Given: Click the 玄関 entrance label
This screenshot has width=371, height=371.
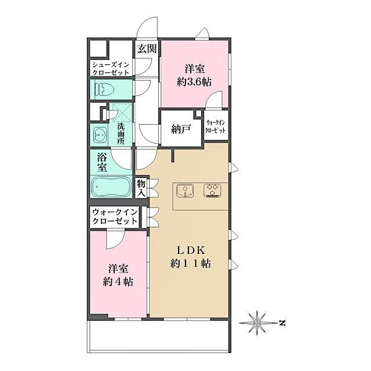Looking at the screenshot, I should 146,49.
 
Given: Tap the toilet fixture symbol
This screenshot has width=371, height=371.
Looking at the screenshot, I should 105,89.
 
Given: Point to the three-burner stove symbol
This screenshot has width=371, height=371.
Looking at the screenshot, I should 212,190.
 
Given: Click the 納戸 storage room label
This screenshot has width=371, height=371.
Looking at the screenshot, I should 180,129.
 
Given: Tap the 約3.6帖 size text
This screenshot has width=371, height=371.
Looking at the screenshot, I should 194,82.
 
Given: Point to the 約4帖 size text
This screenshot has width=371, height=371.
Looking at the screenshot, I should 118,282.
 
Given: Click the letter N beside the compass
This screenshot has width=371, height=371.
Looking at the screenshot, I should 281,322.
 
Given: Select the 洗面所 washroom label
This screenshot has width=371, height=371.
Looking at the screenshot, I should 121,134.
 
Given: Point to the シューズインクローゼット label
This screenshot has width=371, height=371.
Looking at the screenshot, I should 110,68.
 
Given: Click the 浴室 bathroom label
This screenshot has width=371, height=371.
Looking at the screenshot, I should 101,162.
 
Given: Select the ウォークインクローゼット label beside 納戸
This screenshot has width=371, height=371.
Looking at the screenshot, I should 216,128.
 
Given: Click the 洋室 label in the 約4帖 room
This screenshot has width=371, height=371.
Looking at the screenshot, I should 118,269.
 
